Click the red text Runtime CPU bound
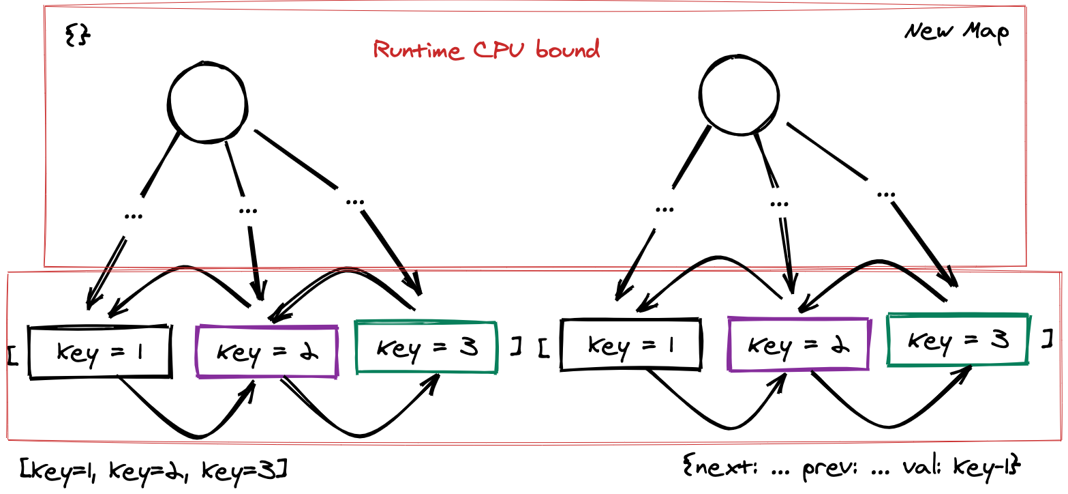click(487, 50)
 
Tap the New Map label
click(957, 31)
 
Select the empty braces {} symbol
click(78, 35)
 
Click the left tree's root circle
click(207, 102)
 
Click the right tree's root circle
click(739, 95)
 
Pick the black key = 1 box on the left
click(100, 351)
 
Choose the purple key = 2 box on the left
click(266, 351)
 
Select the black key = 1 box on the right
click(630, 345)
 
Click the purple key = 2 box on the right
click(798, 344)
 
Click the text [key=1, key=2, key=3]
click(153, 469)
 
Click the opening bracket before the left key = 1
click(12, 353)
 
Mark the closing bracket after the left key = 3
click(516, 347)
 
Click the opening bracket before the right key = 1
click(543, 347)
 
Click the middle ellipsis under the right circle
click(778, 203)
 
